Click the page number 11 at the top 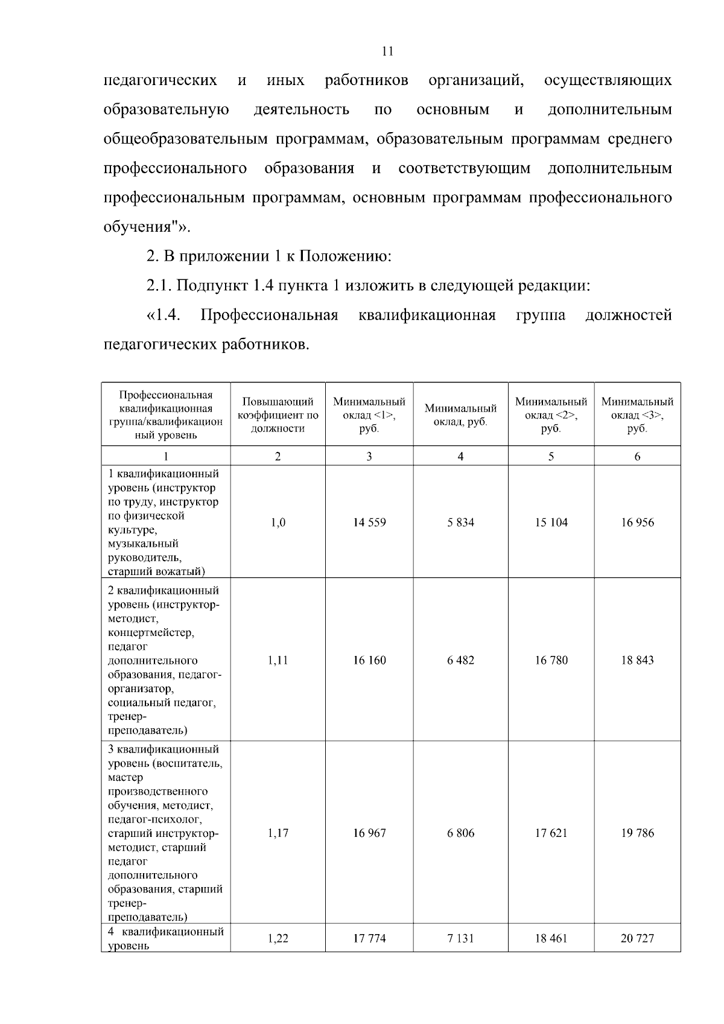click(x=388, y=51)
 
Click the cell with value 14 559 click(x=369, y=523)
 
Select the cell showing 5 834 click(x=460, y=523)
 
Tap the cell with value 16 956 click(x=637, y=523)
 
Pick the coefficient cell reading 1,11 click(x=278, y=660)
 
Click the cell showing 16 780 click(x=551, y=660)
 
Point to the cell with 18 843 click(x=637, y=660)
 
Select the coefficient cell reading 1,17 click(x=278, y=833)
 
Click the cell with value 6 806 click(x=460, y=833)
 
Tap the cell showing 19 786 click(x=637, y=833)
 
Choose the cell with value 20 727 click(x=637, y=938)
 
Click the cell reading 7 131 click(x=460, y=938)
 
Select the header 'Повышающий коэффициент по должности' click(x=278, y=415)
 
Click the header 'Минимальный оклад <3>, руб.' click(x=637, y=415)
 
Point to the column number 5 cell click(x=551, y=457)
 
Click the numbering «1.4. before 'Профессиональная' click(x=164, y=315)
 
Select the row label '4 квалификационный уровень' click(x=165, y=938)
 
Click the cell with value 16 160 click(x=369, y=660)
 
